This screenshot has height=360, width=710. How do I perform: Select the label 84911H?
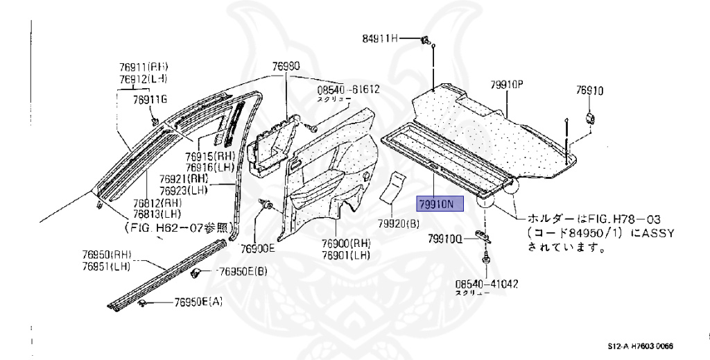381,38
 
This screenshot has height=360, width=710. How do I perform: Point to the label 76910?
589,90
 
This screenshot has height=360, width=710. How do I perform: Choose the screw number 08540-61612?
349,89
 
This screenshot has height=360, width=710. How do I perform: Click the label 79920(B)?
399,223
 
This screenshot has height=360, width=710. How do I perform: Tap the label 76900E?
258,248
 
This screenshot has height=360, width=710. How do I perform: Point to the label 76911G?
150,100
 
